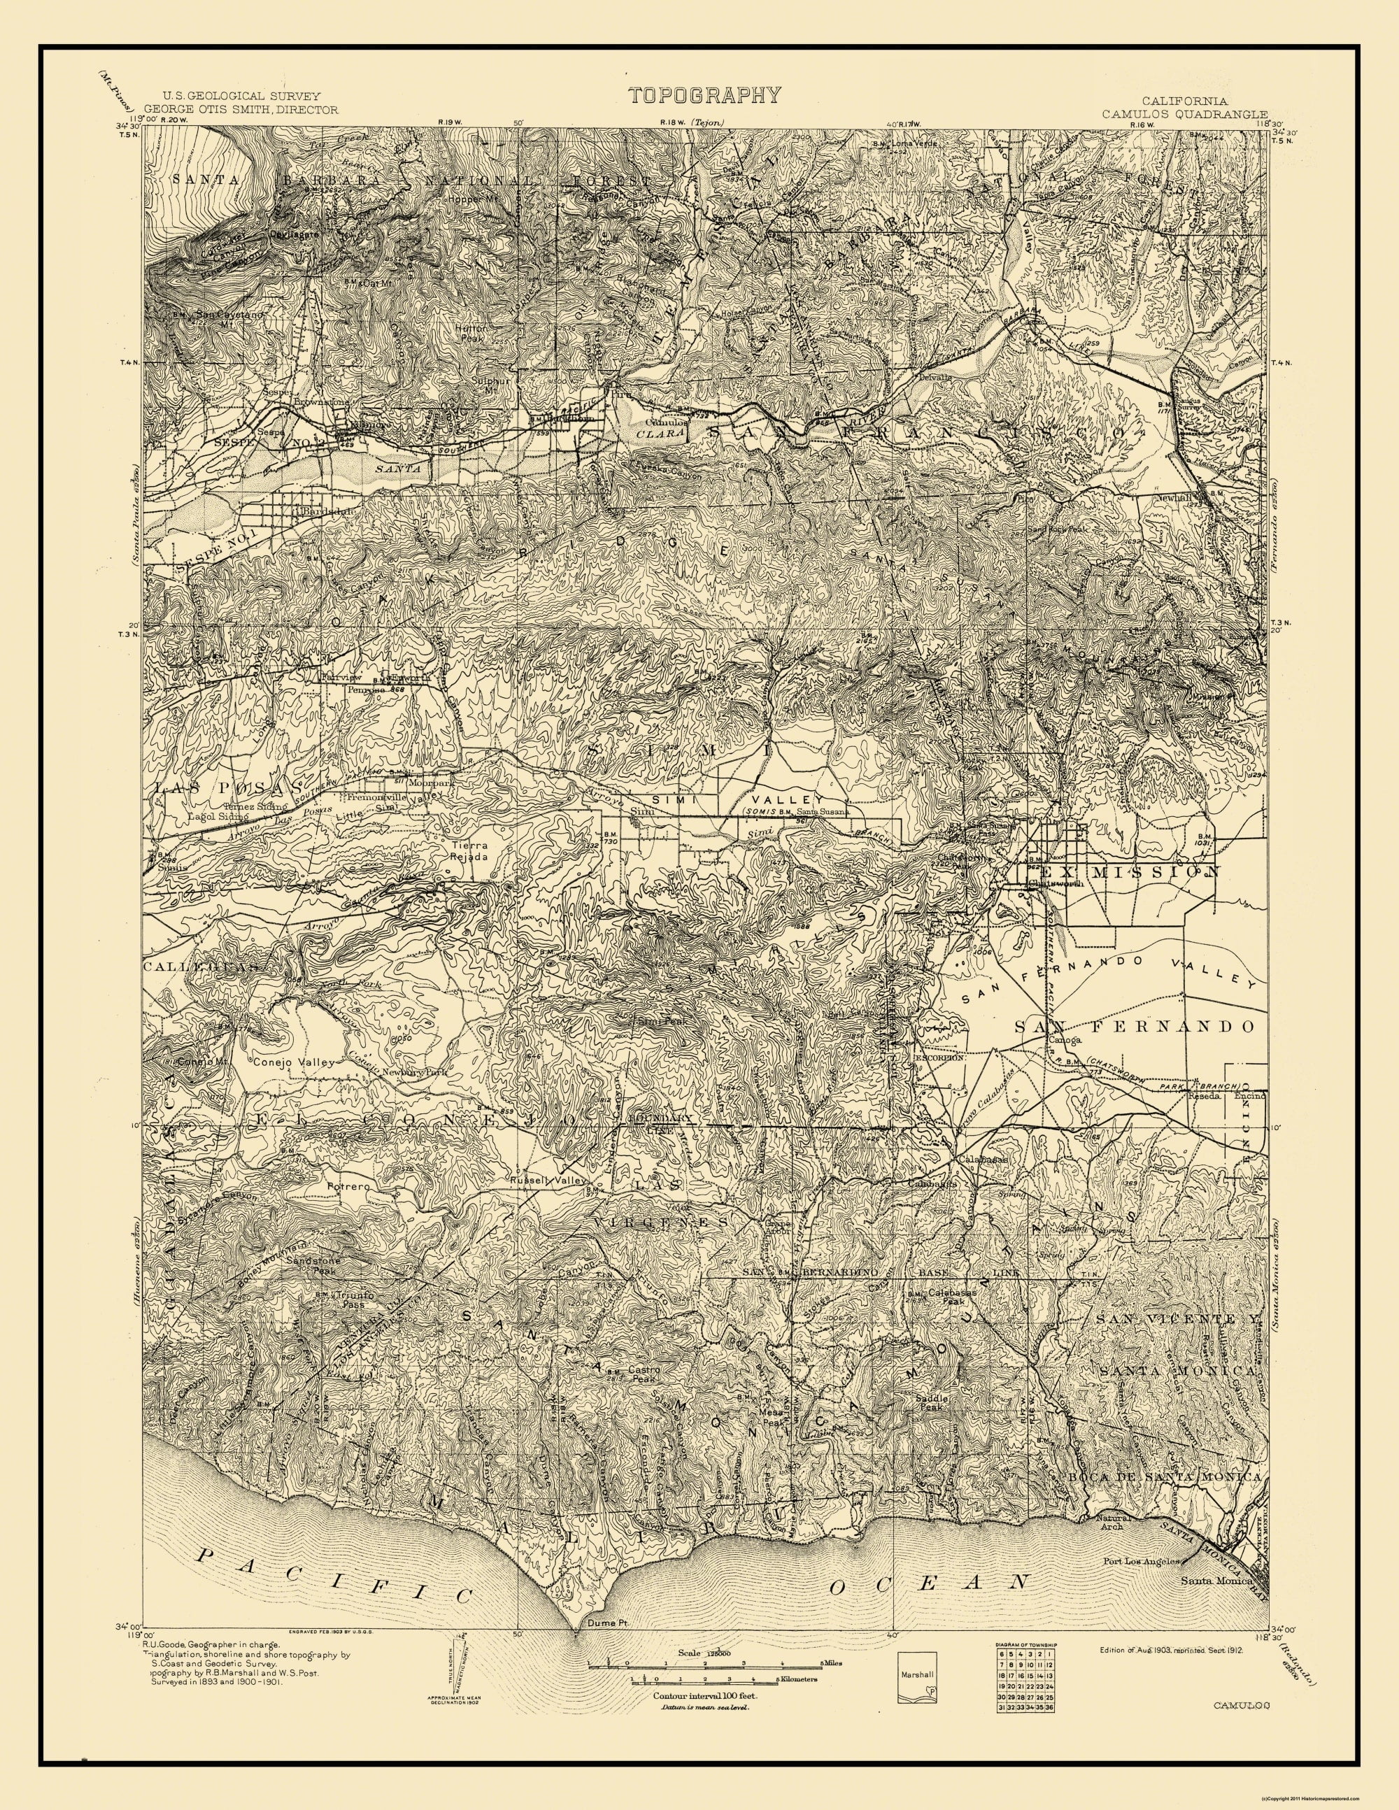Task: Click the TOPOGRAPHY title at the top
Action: coord(704,94)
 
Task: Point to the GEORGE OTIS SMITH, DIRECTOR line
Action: coord(241,108)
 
